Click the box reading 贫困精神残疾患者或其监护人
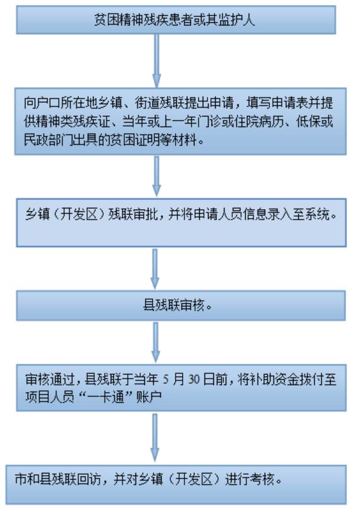176,20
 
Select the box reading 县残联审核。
181,305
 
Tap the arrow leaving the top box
157,61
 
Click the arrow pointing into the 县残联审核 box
155,269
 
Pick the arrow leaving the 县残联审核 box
156,342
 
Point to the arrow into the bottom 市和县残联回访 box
155,438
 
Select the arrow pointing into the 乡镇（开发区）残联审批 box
157,176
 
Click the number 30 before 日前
194,379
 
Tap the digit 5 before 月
166,379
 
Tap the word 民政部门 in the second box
48,140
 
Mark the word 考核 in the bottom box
262,479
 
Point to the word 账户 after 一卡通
148,397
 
